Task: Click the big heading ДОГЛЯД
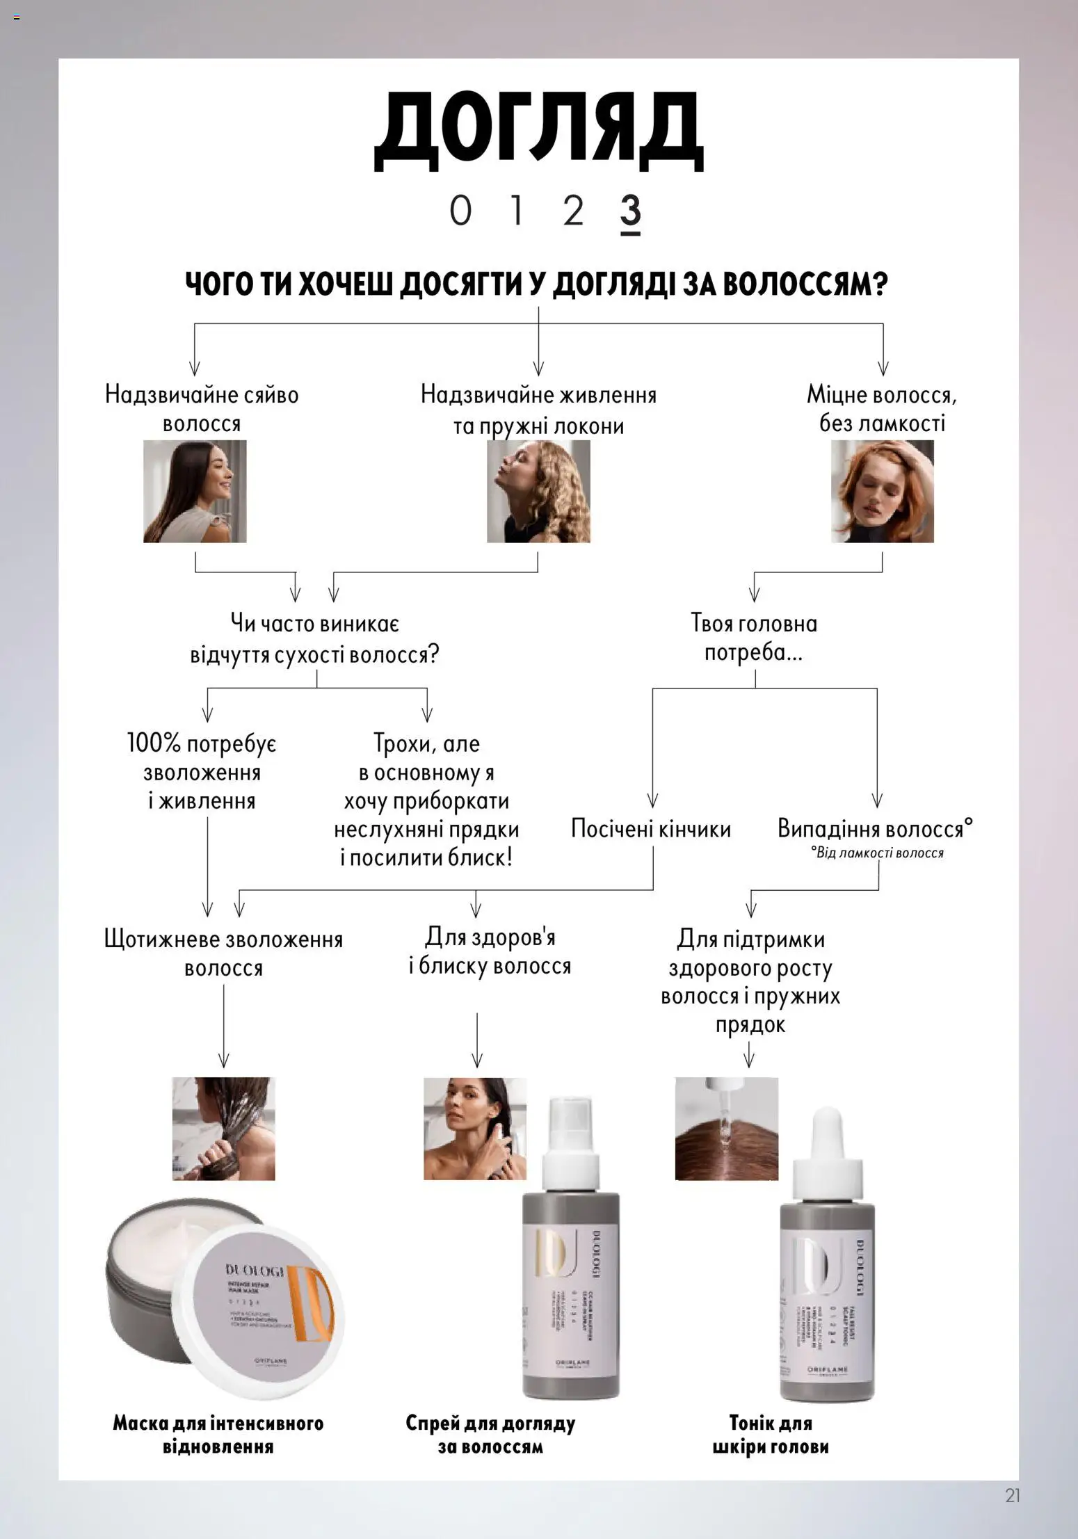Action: pos(538,131)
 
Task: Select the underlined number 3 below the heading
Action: pos(629,211)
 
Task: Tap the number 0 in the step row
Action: pos(460,211)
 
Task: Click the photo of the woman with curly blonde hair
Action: pos(538,491)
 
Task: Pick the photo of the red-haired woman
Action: pos(882,491)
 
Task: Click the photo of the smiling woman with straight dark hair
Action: pos(195,491)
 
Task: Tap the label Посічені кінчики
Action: pos(650,829)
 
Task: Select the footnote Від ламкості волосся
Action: pos(877,853)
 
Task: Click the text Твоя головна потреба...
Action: pos(754,638)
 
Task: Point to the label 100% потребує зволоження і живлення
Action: pos(202,772)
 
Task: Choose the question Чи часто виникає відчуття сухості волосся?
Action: pos(314,639)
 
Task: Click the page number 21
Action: pos(1012,1495)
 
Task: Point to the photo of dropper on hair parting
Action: pos(726,1128)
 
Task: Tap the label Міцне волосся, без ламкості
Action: pos(881,409)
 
